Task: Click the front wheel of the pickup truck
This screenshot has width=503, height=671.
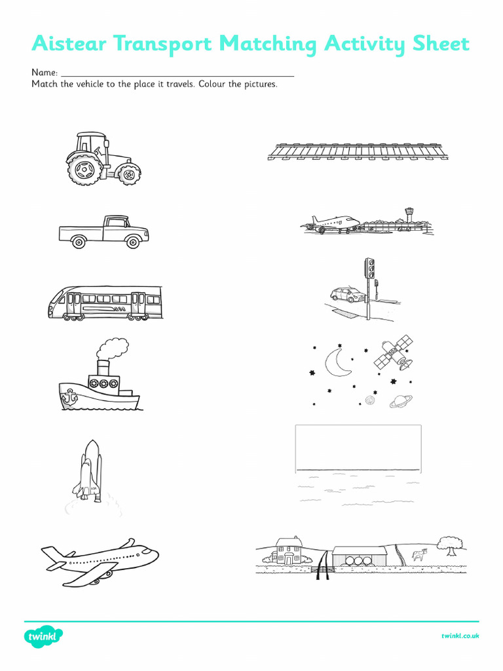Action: click(134, 242)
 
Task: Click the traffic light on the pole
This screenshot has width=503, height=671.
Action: click(369, 269)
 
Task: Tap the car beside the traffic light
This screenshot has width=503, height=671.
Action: click(347, 295)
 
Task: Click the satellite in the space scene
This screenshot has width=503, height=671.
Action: click(393, 352)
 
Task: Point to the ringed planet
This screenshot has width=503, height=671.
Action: click(401, 401)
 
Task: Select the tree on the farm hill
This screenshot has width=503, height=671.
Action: click(450, 543)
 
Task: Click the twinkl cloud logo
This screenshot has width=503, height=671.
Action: click(44, 636)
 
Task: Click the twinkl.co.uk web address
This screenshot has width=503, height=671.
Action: click(460, 636)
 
